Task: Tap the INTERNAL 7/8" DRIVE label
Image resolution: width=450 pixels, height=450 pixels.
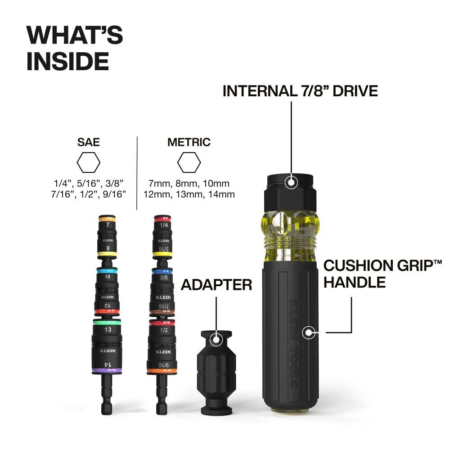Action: pos(300,90)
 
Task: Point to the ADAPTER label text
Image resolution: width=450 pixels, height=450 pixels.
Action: pos(216,284)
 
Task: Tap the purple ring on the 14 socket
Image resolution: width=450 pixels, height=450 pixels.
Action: pos(107,370)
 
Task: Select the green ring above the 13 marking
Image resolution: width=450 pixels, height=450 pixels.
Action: pos(107,322)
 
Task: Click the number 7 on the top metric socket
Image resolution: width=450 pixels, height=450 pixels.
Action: pos(108,224)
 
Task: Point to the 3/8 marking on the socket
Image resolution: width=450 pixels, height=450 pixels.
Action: pos(162,278)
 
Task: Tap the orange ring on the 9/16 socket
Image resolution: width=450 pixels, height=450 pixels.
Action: pos(162,371)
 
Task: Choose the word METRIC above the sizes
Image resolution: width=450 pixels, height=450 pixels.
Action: pos(189,143)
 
